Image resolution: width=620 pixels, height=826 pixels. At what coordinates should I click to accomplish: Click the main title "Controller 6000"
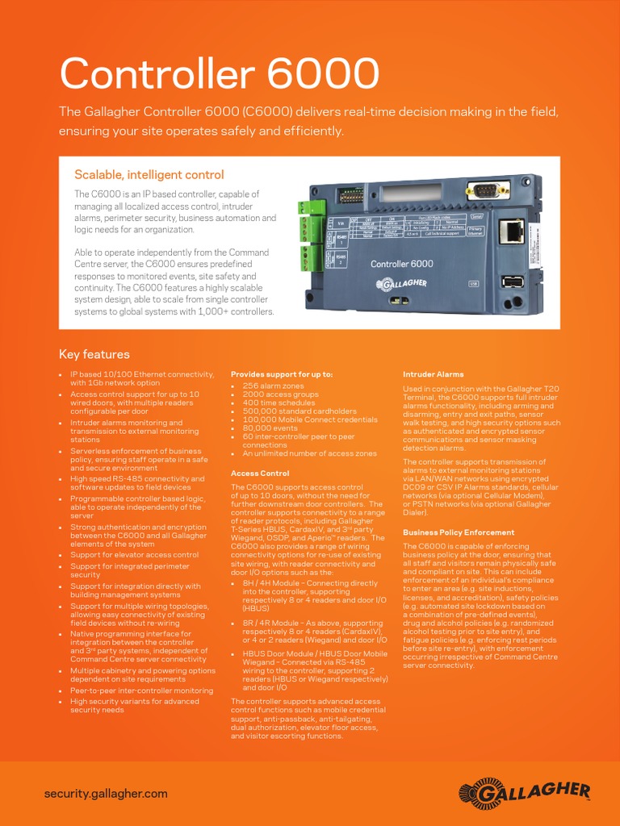(219, 74)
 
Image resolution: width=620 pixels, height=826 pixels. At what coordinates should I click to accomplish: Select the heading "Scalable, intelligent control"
(149, 175)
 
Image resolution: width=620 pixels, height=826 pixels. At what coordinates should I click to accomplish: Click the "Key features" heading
(94, 354)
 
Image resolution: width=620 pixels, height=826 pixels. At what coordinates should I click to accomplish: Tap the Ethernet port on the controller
(511, 232)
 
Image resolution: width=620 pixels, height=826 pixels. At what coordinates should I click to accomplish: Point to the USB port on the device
(511, 282)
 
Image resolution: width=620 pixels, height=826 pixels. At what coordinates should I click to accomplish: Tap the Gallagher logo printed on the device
(401, 284)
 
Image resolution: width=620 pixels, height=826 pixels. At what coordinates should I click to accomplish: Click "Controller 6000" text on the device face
(401, 264)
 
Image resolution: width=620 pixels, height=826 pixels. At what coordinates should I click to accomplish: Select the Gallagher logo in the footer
(525, 793)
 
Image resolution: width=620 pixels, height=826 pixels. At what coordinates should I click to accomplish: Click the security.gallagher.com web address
(106, 793)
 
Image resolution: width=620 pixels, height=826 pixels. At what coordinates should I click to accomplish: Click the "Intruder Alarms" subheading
(433, 375)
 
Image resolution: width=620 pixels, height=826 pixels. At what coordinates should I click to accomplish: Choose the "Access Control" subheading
(260, 473)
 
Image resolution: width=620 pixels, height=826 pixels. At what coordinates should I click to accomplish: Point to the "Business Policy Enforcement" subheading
(458, 532)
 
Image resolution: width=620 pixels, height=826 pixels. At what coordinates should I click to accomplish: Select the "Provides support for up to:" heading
(282, 375)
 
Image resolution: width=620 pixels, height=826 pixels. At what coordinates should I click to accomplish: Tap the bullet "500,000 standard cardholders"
(299, 411)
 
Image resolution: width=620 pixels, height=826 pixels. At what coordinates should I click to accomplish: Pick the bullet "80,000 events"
(270, 428)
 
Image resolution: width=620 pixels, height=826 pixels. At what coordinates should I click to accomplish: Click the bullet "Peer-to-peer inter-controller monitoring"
(141, 691)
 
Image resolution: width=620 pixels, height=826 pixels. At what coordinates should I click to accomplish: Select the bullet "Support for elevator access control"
(134, 555)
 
